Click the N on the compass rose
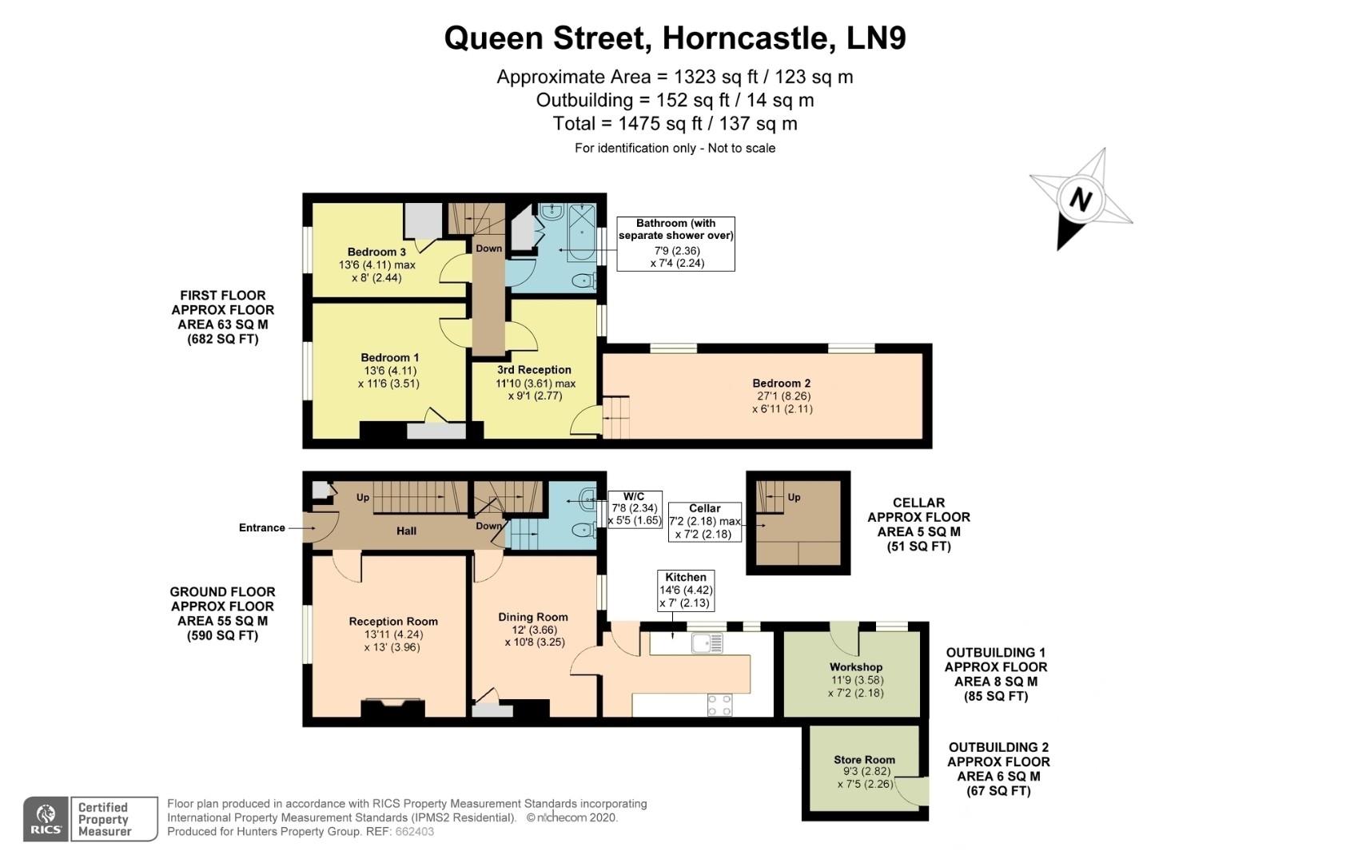point(1080,198)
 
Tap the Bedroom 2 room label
point(781,383)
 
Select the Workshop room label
point(855,666)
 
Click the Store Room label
point(863,759)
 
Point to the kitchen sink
point(707,642)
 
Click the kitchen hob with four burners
point(719,705)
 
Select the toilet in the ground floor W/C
point(587,529)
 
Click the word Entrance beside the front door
point(261,527)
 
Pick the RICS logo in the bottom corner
point(46,819)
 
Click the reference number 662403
point(415,831)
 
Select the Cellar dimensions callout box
point(704,521)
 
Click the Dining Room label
point(532,616)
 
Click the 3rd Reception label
point(534,369)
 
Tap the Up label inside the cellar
point(794,497)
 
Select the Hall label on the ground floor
point(406,531)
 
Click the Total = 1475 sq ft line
point(675,123)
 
